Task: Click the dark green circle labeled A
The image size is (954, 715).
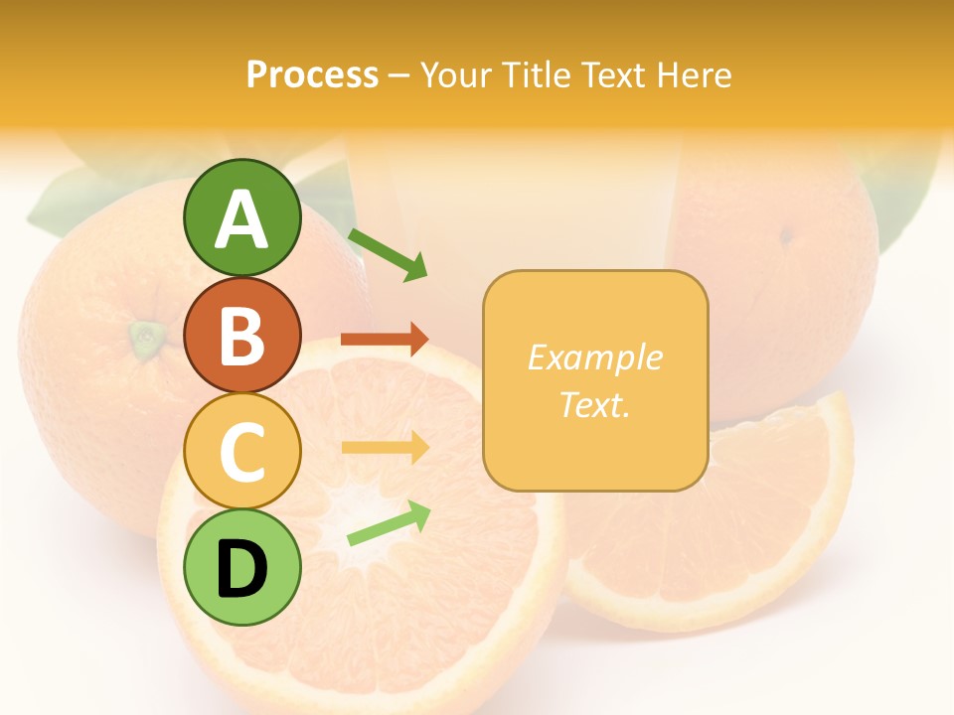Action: tap(241, 217)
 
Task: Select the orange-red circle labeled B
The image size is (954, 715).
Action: tap(241, 335)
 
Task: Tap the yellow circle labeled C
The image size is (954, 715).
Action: tap(241, 451)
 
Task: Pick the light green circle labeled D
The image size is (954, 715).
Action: tap(241, 568)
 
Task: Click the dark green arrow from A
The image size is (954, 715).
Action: tap(388, 254)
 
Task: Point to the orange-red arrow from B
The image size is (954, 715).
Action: tap(385, 340)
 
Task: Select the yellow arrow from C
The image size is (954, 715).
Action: tap(385, 448)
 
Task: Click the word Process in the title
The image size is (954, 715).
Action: tap(312, 74)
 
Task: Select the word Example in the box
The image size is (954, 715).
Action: tap(594, 357)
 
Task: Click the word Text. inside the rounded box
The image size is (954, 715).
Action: tap(594, 404)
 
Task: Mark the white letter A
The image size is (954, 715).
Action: tap(241, 219)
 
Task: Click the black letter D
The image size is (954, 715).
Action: tap(241, 569)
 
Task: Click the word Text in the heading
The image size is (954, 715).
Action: tap(610, 74)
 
